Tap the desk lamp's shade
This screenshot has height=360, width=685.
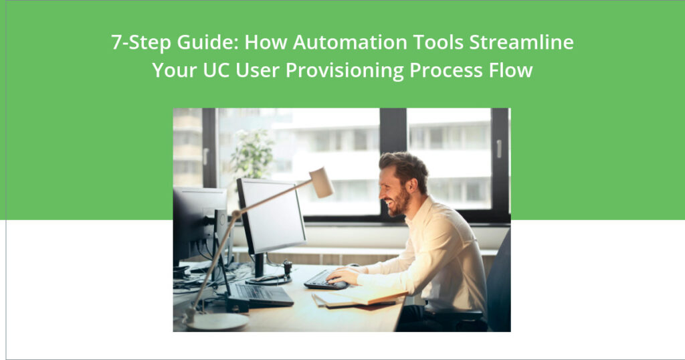pos(321,182)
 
